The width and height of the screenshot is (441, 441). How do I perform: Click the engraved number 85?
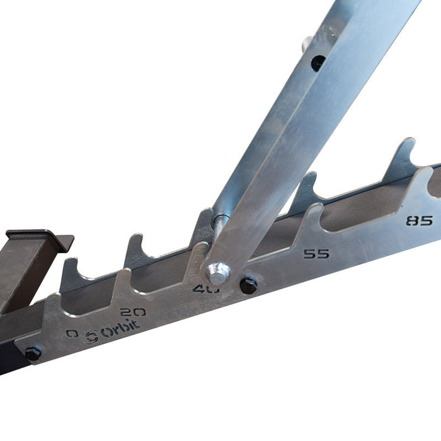tap(420, 221)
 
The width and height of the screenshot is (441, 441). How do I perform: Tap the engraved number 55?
tap(316, 254)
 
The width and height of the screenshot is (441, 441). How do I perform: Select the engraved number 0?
tap(72, 333)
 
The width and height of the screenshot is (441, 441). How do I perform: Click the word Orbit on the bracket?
tap(122, 329)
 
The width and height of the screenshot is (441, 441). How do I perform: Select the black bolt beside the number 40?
tap(248, 285)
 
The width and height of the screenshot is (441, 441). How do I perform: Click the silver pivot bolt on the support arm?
tap(217, 273)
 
